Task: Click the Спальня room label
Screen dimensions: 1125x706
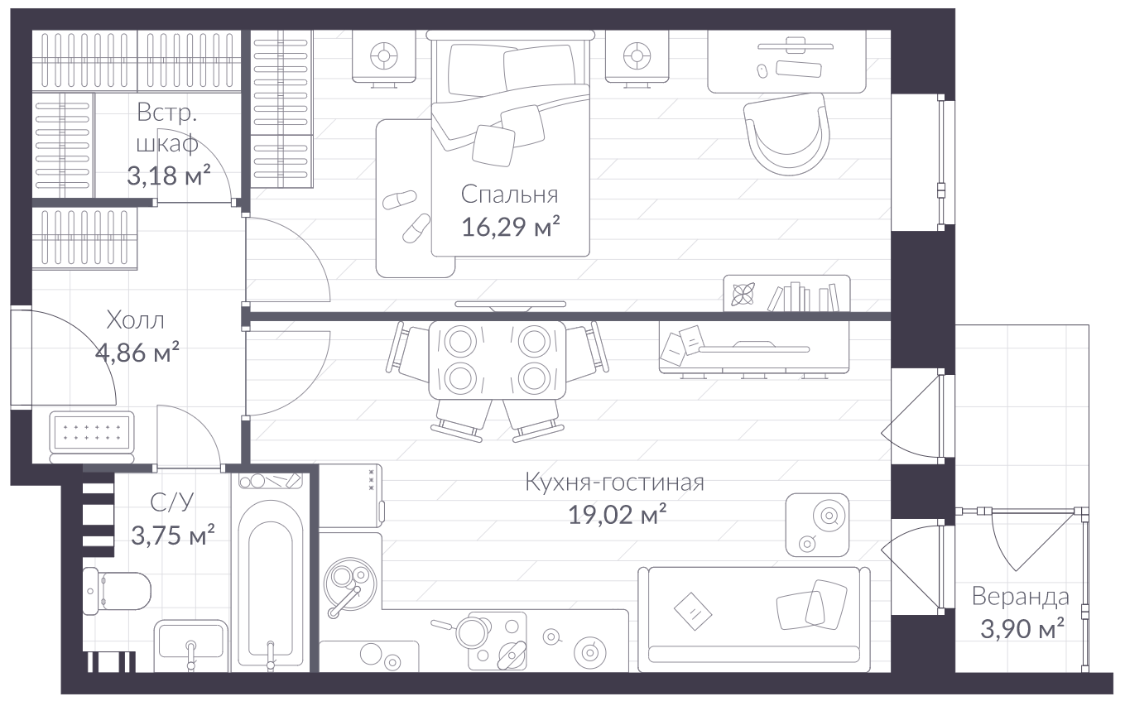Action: (x=509, y=195)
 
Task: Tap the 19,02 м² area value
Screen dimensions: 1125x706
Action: (x=618, y=514)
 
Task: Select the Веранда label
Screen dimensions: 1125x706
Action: (x=1021, y=597)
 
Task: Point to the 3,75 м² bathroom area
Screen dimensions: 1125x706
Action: (x=173, y=535)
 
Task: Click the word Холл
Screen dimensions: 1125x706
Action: (x=136, y=320)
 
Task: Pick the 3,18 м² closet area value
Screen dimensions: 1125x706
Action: (x=168, y=175)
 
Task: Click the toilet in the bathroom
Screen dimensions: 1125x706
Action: (x=117, y=591)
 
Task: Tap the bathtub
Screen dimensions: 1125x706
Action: (x=270, y=585)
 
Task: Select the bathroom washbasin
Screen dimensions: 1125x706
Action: (x=191, y=646)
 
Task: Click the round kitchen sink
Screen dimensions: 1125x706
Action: (x=349, y=584)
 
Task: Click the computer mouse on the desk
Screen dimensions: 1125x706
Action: (x=762, y=71)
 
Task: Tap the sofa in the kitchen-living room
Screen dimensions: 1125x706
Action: (x=754, y=619)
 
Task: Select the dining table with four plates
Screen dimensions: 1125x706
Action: (x=498, y=359)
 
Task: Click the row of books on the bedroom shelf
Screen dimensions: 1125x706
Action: (x=803, y=297)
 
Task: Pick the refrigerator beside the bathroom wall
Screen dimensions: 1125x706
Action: (x=351, y=496)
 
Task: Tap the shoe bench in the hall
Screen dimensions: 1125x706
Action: (x=92, y=437)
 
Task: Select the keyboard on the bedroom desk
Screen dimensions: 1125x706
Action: (x=799, y=70)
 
